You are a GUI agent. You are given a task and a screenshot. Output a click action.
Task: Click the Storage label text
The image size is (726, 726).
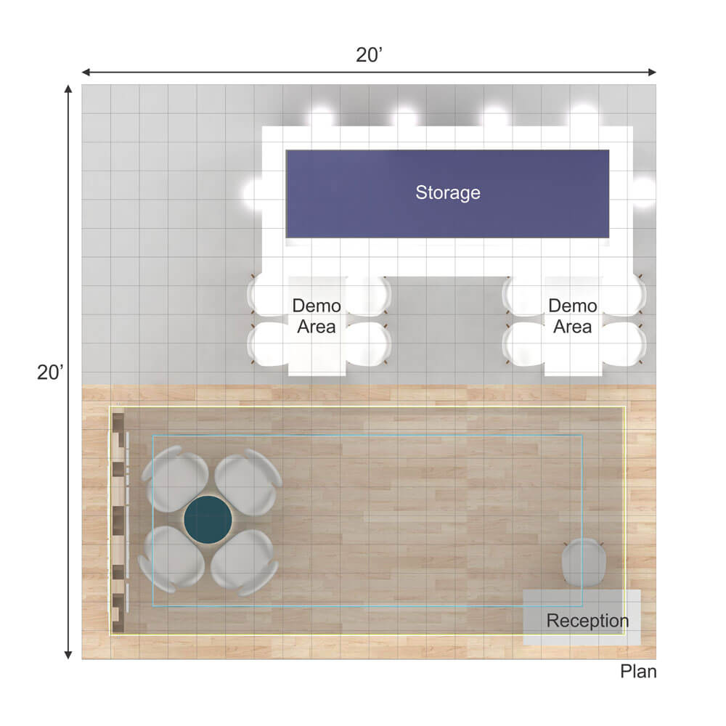tap(448, 193)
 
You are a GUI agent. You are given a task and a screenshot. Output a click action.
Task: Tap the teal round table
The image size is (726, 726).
tap(208, 520)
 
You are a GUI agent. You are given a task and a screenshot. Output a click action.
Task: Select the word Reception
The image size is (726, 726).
tap(587, 621)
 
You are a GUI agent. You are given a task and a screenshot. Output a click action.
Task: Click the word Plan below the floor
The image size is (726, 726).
tap(638, 672)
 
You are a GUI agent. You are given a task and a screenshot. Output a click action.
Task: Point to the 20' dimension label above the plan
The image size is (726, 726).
tap(369, 55)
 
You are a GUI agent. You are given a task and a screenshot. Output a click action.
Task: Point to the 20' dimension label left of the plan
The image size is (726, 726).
tap(50, 372)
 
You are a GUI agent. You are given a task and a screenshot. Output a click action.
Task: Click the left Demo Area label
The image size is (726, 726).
tap(317, 317)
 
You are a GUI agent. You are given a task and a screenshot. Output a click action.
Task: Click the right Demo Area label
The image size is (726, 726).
tap(572, 317)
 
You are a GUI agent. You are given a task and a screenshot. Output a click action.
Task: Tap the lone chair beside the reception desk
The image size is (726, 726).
tap(584, 562)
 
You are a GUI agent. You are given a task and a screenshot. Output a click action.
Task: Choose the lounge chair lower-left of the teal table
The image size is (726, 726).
tap(172, 559)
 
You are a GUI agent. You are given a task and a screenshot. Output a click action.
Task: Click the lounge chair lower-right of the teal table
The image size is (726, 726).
tap(245, 562)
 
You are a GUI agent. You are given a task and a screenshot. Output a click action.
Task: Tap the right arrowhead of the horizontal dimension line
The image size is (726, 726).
tap(653, 72)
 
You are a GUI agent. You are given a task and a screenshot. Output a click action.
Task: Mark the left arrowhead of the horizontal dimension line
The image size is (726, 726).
tap(86, 72)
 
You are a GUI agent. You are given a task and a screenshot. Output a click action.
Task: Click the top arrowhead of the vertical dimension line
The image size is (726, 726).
tap(68, 89)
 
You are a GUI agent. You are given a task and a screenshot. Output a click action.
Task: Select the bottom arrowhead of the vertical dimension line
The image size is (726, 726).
tap(68, 655)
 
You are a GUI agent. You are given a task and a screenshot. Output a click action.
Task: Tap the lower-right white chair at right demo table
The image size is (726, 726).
tap(623, 343)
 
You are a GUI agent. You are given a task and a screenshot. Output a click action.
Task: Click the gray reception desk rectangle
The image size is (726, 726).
tap(582, 617)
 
